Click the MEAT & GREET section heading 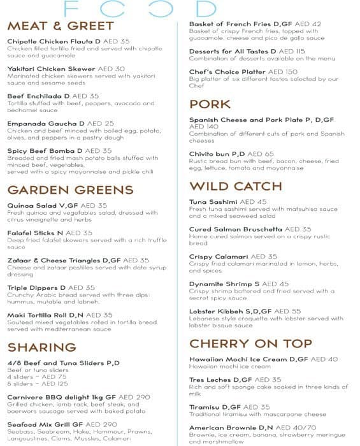tap(61, 26)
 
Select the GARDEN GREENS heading tap(70, 190)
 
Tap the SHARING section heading tap(42, 347)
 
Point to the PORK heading tap(210, 104)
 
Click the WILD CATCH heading tap(236, 186)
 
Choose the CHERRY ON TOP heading tap(251, 343)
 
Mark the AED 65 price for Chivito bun tap(261, 154)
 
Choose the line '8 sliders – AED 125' tap(38, 384)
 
